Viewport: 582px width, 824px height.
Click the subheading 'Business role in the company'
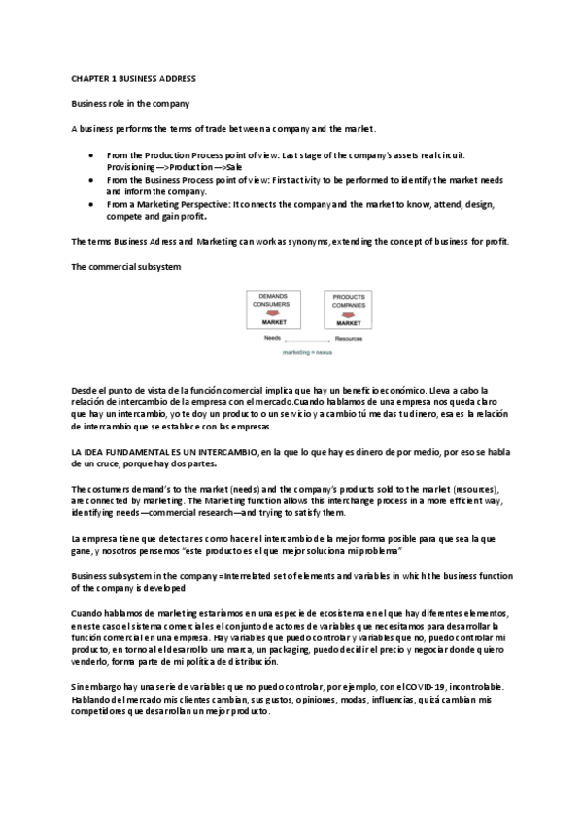130,103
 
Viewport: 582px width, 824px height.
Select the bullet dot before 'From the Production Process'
90,154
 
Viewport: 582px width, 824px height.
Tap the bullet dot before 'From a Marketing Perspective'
90,205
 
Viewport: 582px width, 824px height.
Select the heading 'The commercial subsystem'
125,266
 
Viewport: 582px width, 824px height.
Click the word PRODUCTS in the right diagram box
349,296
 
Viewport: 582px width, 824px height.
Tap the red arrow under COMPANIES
349,313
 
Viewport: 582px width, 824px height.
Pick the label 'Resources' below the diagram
349,338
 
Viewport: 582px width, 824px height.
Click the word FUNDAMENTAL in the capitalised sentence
142,454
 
